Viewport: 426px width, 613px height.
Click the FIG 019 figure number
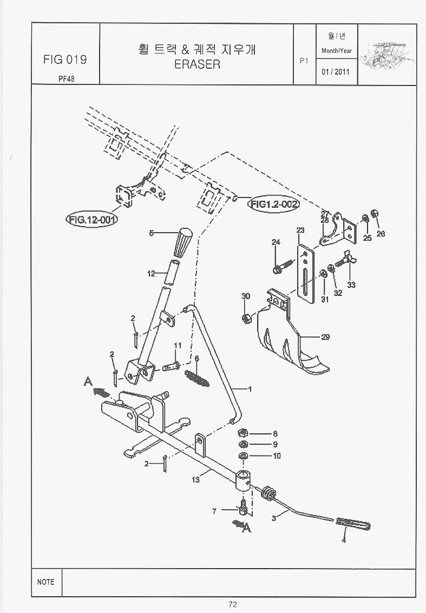[64, 59]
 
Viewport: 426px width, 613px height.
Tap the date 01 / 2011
[336, 71]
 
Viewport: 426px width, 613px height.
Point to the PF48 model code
[67, 77]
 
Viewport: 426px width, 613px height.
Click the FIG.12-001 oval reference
[93, 220]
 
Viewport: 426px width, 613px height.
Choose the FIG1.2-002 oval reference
[274, 204]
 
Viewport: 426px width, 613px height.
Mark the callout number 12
[151, 274]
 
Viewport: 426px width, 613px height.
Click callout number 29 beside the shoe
[325, 337]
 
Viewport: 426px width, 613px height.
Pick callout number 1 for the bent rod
[250, 388]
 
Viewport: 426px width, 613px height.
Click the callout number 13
[195, 479]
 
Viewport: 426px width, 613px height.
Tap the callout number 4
[343, 539]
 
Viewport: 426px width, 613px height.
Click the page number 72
[233, 605]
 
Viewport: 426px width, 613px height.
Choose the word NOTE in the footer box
[46, 582]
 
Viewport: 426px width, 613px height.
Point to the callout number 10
[277, 456]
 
